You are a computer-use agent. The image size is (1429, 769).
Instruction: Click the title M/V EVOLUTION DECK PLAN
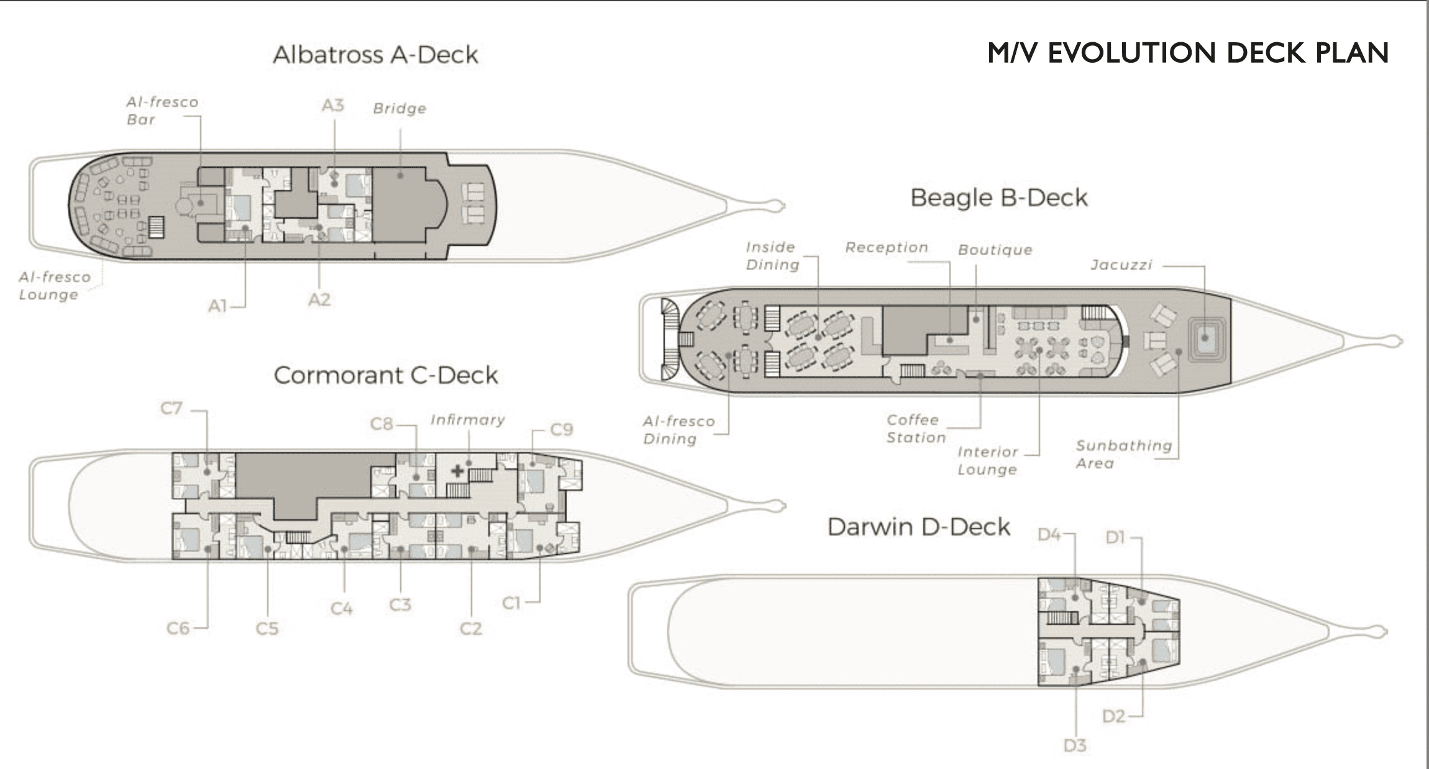click(x=1187, y=53)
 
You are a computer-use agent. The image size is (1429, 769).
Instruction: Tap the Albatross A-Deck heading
click(x=375, y=55)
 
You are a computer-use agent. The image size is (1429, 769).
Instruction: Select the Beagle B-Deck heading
click(x=998, y=198)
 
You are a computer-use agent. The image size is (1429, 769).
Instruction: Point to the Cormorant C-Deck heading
click(x=385, y=375)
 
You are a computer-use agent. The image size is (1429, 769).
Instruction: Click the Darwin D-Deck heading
click(x=918, y=527)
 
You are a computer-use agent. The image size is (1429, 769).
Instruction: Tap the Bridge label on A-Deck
click(x=399, y=109)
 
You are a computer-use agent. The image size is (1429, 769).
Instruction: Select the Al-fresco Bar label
click(x=162, y=111)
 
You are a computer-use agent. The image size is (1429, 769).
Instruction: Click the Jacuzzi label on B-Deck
click(x=1121, y=265)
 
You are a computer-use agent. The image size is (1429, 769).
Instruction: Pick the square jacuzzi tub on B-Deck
click(x=1205, y=338)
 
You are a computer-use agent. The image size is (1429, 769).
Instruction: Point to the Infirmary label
click(x=467, y=420)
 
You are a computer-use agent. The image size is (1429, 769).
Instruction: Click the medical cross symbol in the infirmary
click(x=457, y=470)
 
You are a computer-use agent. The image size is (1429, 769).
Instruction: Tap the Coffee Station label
click(x=916, y=429)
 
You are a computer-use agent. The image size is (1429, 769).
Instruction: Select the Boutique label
click(x=995, y=250)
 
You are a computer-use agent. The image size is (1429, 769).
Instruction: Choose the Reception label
click(x=886, y=247)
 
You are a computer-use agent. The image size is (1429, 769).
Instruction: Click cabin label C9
click(x=561, y=429)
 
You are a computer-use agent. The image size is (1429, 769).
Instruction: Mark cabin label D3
click(x=1074, y=745)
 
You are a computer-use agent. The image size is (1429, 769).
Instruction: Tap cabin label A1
click(x=217, y=306)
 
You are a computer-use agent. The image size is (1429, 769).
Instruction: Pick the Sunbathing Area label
click(x=1123, y=454)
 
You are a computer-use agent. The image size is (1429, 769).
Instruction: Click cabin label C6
click(x=178, y=628)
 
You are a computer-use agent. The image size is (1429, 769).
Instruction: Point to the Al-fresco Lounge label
click(x=55, y=286)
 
